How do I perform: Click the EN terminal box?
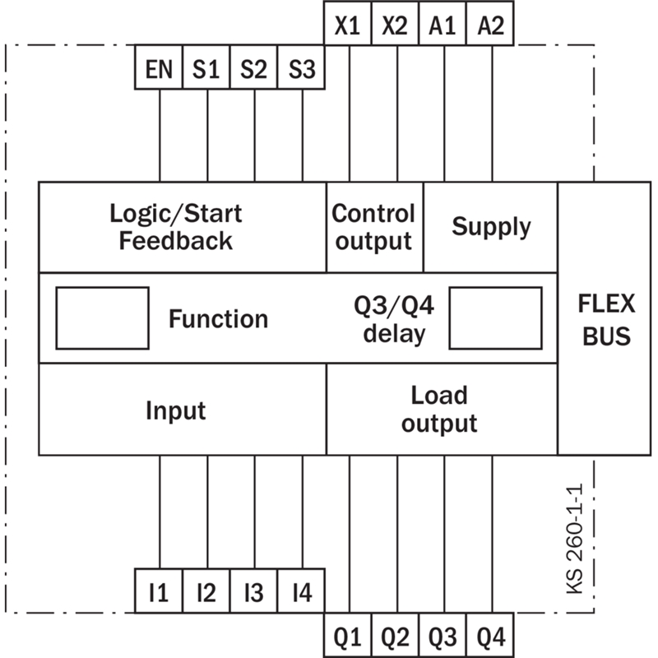tap(159, 67)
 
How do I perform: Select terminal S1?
tap(206, 67)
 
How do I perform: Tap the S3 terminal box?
tap(301, 67)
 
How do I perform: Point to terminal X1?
tap(347, 23)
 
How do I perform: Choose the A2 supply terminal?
tap(490, 23)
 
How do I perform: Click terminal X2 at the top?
tap(395, 23)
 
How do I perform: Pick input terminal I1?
tap(159, 591)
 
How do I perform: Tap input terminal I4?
tap(301, 591)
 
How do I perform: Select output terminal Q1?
tap(347, 635)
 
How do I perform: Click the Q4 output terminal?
tap(490, 635)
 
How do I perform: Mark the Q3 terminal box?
tap(443, 635)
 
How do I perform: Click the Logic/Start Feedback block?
tap(183, 227)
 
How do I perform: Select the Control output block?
tap(375, 227)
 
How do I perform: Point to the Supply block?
tap(490, 227)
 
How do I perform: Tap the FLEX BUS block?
tap(605, 318)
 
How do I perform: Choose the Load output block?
tap(442, 409)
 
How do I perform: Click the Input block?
tap(183, 409)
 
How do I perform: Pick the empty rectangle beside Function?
tap(102, 318)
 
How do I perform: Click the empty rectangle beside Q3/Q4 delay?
tap(495, 318)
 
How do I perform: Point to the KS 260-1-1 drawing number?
tap(575, 539)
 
